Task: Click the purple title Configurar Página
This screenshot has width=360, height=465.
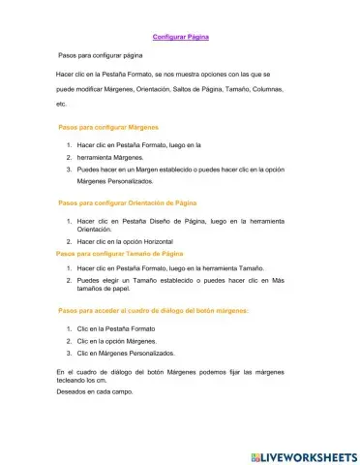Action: pos(181,37)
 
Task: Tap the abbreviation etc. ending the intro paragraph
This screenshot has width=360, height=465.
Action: pos(62,103)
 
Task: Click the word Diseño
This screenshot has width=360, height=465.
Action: pos(159,222)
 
